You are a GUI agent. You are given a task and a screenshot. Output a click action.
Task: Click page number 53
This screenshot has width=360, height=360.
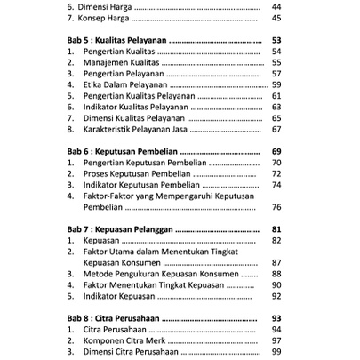(276, 40)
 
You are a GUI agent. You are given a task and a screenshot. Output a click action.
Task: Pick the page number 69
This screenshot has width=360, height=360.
(276, 152)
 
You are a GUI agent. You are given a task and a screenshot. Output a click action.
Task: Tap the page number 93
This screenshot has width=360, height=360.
(276, 318)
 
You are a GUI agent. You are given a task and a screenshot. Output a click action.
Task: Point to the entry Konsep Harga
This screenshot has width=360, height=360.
(105, 18)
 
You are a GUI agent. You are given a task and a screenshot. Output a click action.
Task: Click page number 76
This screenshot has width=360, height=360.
(276, 207)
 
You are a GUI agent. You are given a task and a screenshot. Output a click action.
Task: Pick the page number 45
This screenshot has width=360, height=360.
(276, 18)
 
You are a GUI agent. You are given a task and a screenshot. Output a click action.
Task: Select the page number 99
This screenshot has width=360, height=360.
(276, 352)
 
